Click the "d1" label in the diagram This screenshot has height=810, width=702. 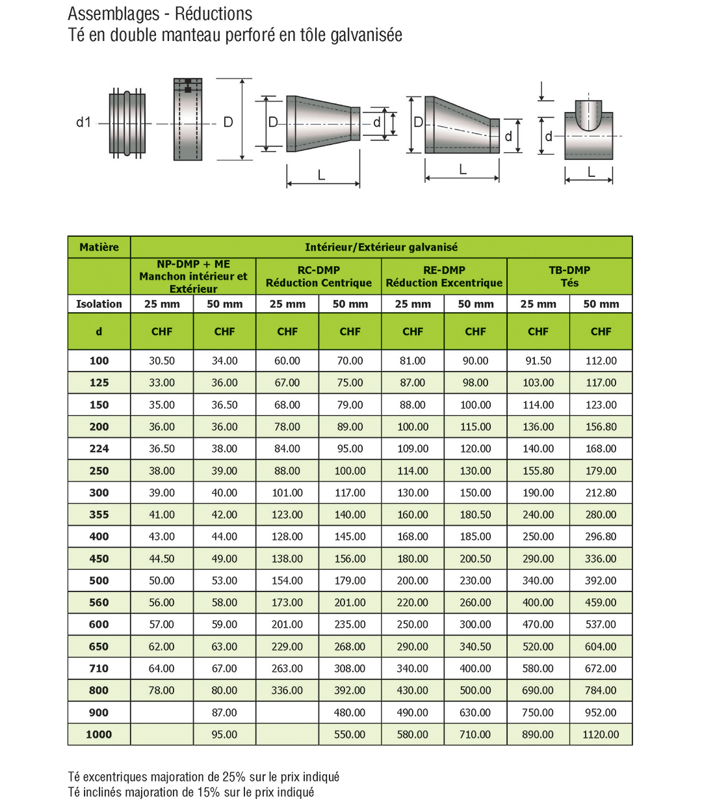[83, 122]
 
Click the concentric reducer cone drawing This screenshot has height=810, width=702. [322, 124]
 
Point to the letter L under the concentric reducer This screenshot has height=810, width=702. [321, 175]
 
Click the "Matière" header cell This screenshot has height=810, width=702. [99, 247]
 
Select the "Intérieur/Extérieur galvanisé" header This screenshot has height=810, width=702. [381, 247]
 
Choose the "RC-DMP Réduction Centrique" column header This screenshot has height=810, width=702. [318, 277]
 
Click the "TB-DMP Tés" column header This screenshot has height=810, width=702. [569, 277]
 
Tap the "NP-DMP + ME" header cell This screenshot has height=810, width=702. [193, 277]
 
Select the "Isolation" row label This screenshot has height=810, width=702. [99, 304]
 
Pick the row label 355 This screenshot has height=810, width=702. [99, 515]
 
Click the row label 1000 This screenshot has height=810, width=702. [99, 735]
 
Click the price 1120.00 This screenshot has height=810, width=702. [601, 735]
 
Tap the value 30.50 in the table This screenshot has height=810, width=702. [162, 360]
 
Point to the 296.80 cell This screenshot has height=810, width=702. [601, 537]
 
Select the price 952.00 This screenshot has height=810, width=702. [601, 712]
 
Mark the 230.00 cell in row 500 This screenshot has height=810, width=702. [475, 580]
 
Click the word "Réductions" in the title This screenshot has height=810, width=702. [213, 14]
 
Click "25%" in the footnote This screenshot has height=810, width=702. [233, 777]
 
